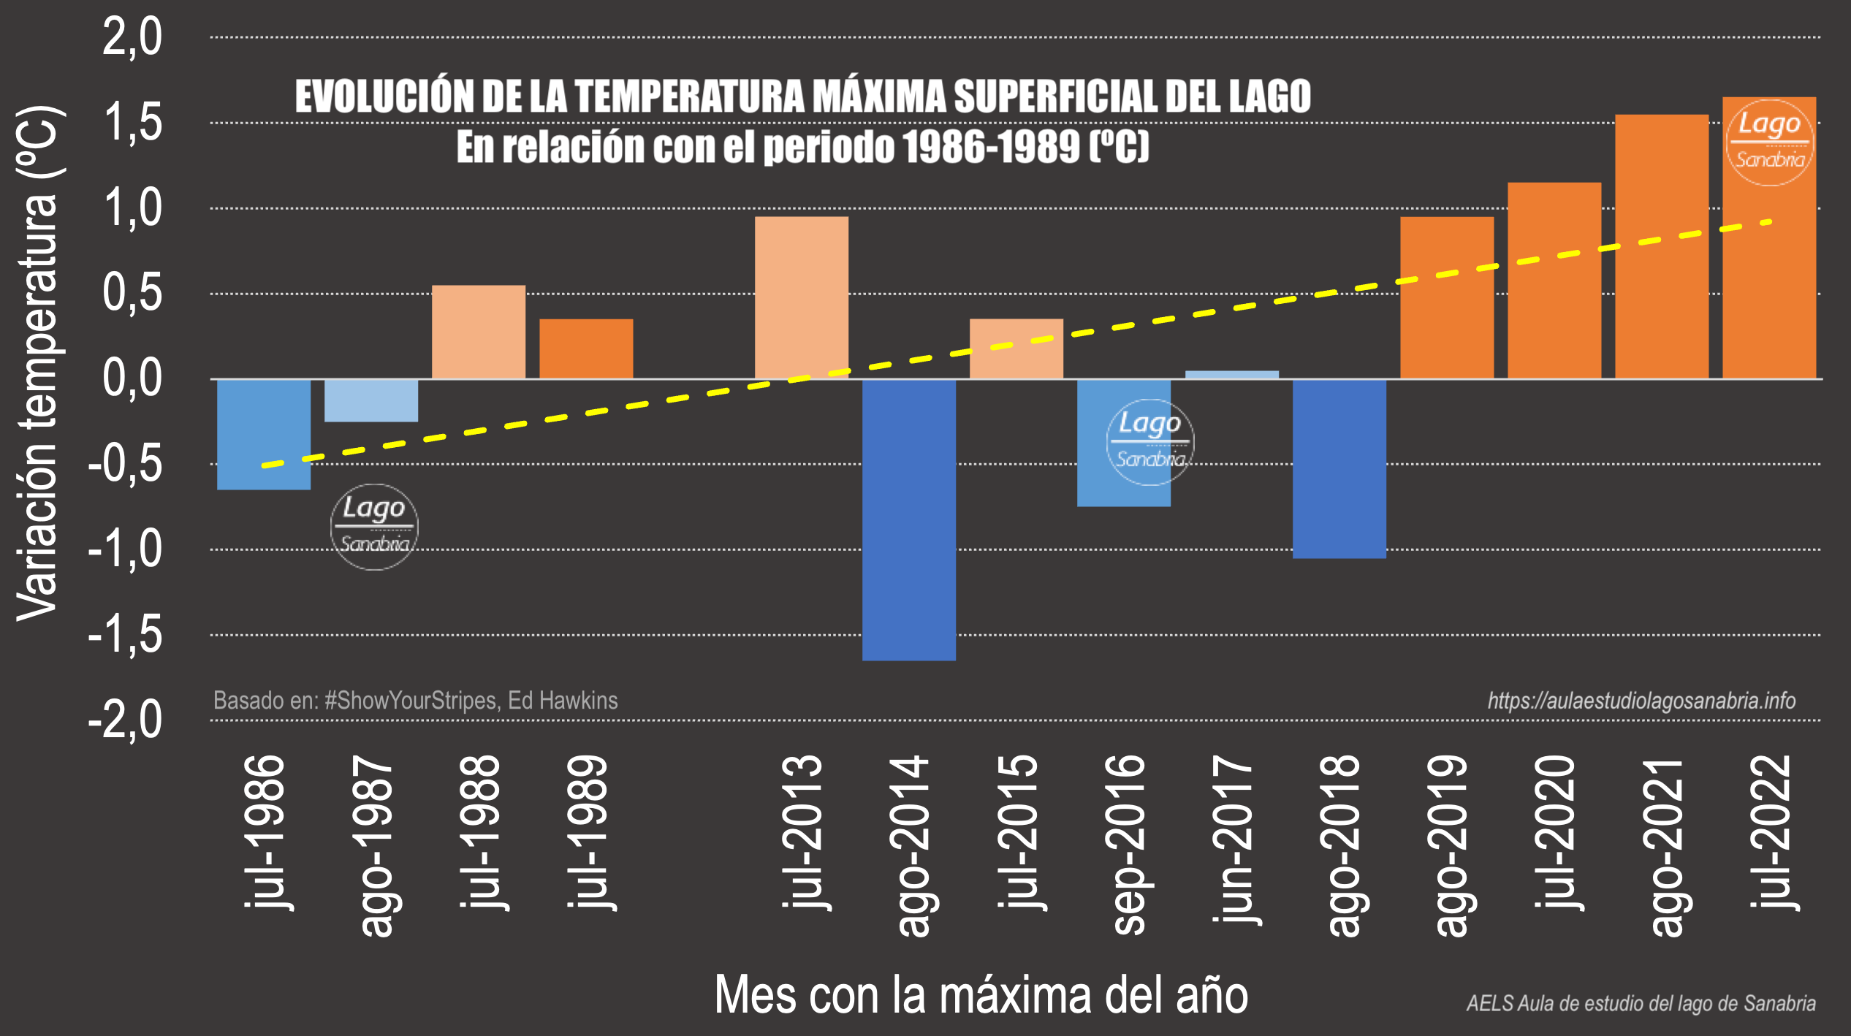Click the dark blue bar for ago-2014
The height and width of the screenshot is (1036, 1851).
click(908, 519)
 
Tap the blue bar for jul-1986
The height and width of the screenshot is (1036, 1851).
click(264, 434)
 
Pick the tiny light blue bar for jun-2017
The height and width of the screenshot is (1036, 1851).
click(1231, 374)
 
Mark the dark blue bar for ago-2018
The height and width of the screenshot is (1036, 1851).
click(1339, 468)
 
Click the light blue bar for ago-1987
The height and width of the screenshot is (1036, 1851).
click(371, 400)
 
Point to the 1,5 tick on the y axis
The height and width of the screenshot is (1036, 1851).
click(132, 123)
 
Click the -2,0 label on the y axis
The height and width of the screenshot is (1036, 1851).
click(126, 720)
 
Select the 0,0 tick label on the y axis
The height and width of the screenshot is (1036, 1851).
click(132, 378)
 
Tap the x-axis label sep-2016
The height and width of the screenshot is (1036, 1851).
click(1125, 844)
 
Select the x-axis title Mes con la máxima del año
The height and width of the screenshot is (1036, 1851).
click(981, 995)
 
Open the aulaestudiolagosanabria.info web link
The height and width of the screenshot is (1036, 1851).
click(1641, 701)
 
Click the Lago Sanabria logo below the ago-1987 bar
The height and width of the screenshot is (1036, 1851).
click(374, 527)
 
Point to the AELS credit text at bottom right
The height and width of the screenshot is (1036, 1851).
click(1641, 1004)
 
